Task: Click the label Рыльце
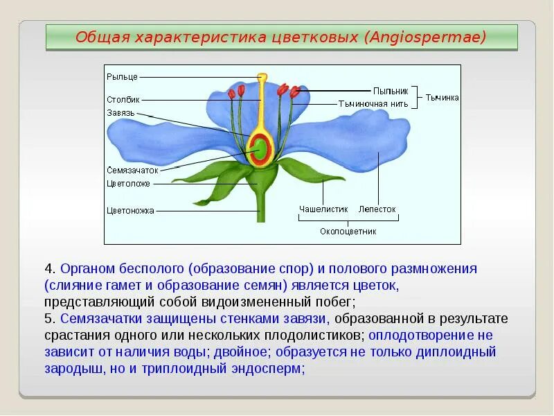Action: click(x=123, y=76)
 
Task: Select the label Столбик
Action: click(x=123, y=100)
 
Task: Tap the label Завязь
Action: click(x=121, y=113)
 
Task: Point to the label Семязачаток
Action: click(x=133, y=170)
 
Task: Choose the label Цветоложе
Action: click(x=129, y=184)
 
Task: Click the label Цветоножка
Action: click(x=131, y=211)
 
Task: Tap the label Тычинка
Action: click(x=442, y=98)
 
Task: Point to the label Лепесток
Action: click(x=377, y=208)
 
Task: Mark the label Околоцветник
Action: click(x=348, y=232)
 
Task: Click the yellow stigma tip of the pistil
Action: click(x=262, y=76)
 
